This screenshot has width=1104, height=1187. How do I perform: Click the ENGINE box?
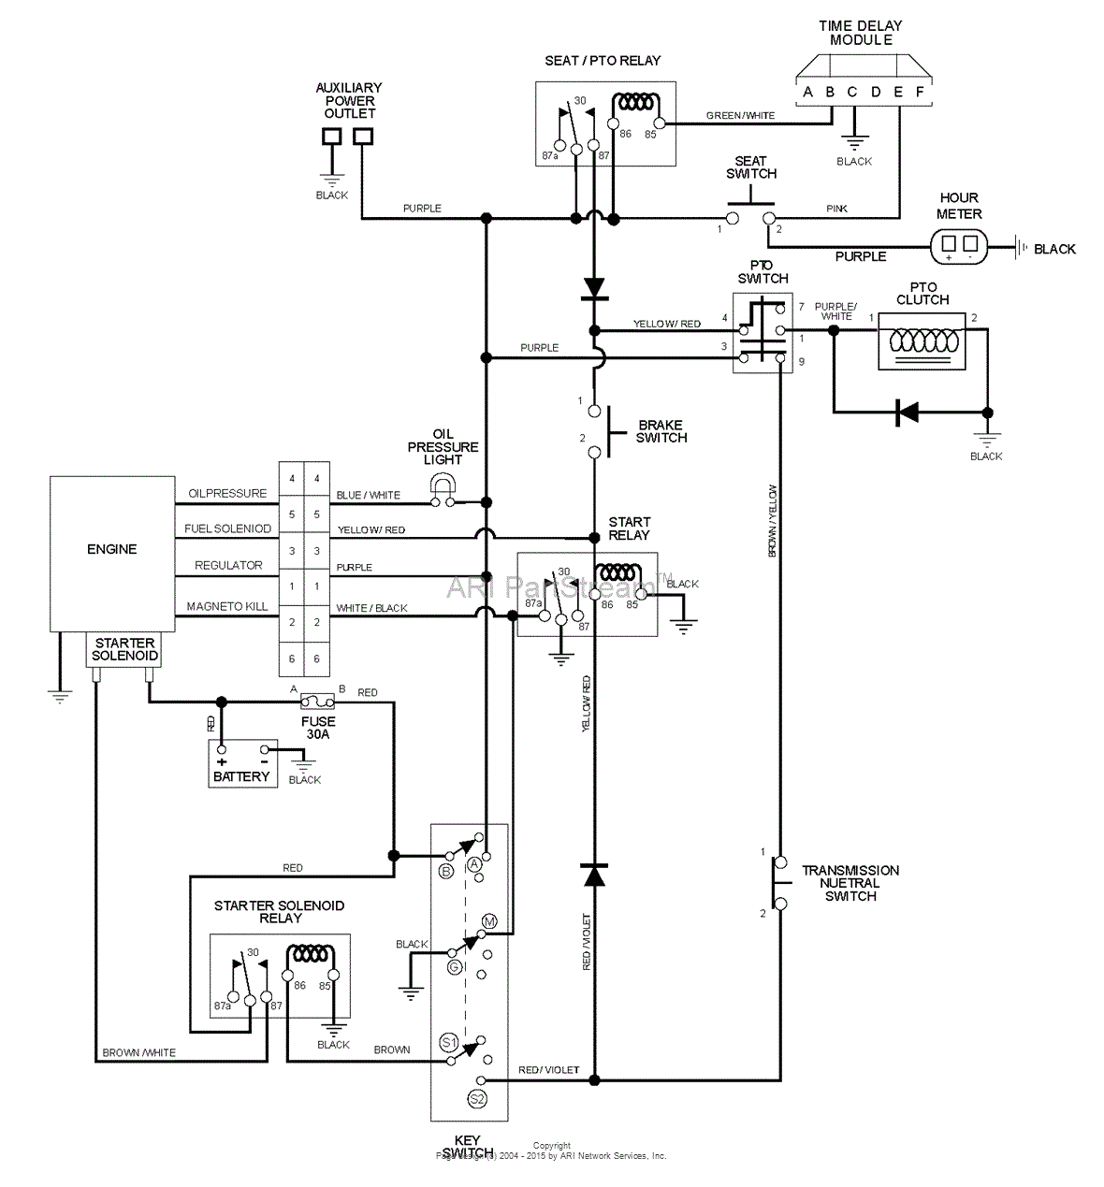point(111,552)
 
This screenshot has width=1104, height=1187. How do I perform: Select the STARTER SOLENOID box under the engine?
point(124,649)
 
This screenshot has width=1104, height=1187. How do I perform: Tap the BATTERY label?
point(241,776)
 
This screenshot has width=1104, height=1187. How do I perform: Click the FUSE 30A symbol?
point(318,700)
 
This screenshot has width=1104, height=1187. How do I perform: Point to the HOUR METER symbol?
point(959,248)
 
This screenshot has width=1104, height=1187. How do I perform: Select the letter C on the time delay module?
point(852,92)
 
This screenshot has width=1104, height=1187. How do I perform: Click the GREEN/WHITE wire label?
point(740,116)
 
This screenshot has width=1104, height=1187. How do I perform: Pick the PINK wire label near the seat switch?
point(837,209)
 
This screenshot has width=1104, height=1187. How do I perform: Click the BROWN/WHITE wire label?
point(138,1052)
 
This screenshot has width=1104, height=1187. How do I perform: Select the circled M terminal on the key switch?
point(487,921)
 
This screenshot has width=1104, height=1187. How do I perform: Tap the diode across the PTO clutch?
point(905,412)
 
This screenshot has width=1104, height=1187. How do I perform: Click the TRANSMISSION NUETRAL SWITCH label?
point(850,883)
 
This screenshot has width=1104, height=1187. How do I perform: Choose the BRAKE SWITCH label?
point(661,431)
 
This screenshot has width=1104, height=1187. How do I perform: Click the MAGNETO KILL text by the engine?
point(227,606)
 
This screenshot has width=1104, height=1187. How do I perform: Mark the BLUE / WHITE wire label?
point(368,495)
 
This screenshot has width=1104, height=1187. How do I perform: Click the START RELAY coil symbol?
point(618,572)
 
